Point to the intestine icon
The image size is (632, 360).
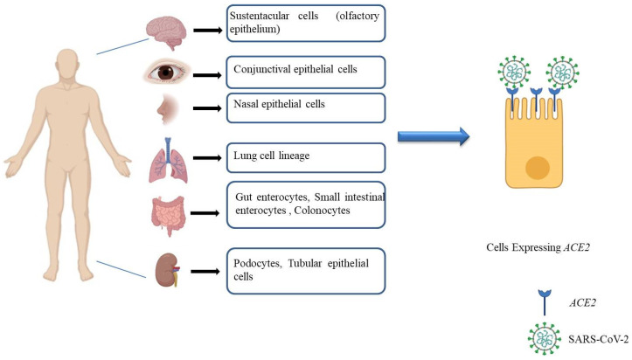[166, 212]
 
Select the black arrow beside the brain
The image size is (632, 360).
[205, 31]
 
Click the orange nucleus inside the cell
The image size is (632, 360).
[537, 168]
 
